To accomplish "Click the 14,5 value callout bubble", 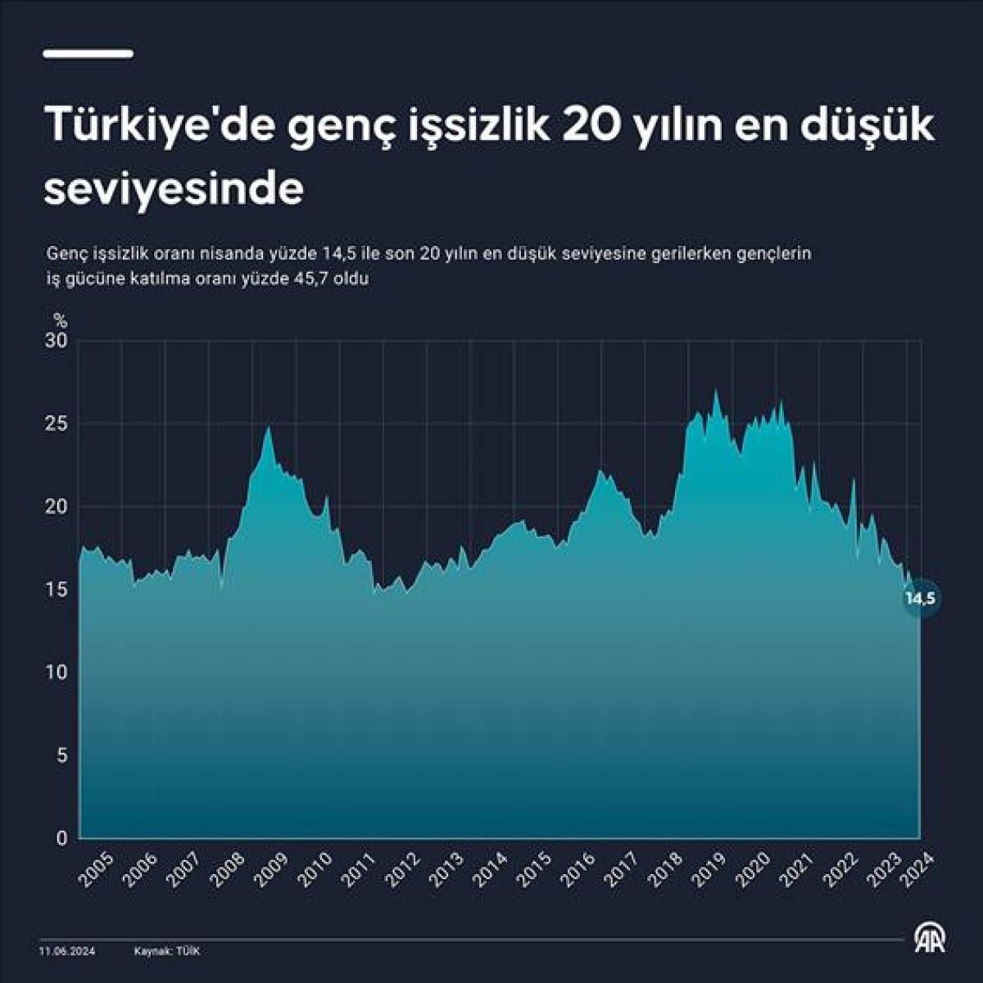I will pyautogui.click(x=920, y=599).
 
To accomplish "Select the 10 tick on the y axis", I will pyautogui.click(x=57, y=673).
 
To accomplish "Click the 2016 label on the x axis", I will pyautogui.click(x=579, y=870).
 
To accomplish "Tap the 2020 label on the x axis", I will pyautogui.click(x=754, y=870).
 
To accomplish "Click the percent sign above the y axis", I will pyautogui.click(x=60, y=319).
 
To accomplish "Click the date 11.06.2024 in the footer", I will pyautogui.click(x=67, y=951).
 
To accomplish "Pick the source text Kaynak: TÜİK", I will pyautogui.click(x=167, y=951).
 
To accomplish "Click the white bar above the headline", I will pyautogui.click(x=88, y=54).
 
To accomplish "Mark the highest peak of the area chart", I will pyautogui.click(x=716, y=390).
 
